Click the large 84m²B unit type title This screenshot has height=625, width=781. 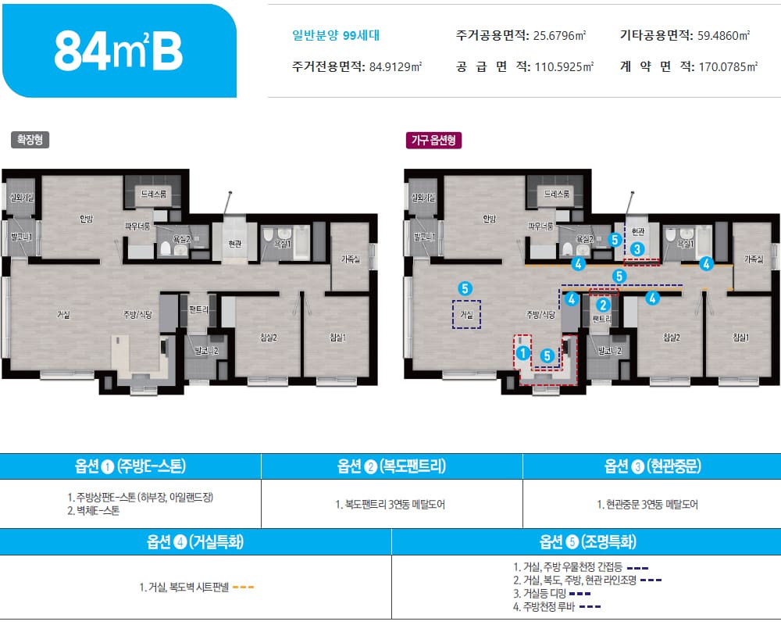pos(119,52)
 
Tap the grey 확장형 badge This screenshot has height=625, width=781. pos(30,140)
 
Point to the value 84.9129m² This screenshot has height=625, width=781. pos(394,66)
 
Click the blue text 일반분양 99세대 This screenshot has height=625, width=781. pos(335,35)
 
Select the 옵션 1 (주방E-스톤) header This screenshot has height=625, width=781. pos(130,466)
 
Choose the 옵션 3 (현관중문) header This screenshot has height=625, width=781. pos(652,466)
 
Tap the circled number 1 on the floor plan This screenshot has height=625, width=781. pos(522,353)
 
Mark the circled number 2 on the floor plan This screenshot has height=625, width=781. pos(603,305)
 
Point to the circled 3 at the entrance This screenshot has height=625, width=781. pos(638,249)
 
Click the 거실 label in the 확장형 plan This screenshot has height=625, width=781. pos(63,315)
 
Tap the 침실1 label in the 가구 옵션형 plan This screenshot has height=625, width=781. pos(740,337)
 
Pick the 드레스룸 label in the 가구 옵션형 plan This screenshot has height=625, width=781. pos(557,192)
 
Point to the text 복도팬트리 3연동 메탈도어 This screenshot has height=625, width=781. pos(390,504)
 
